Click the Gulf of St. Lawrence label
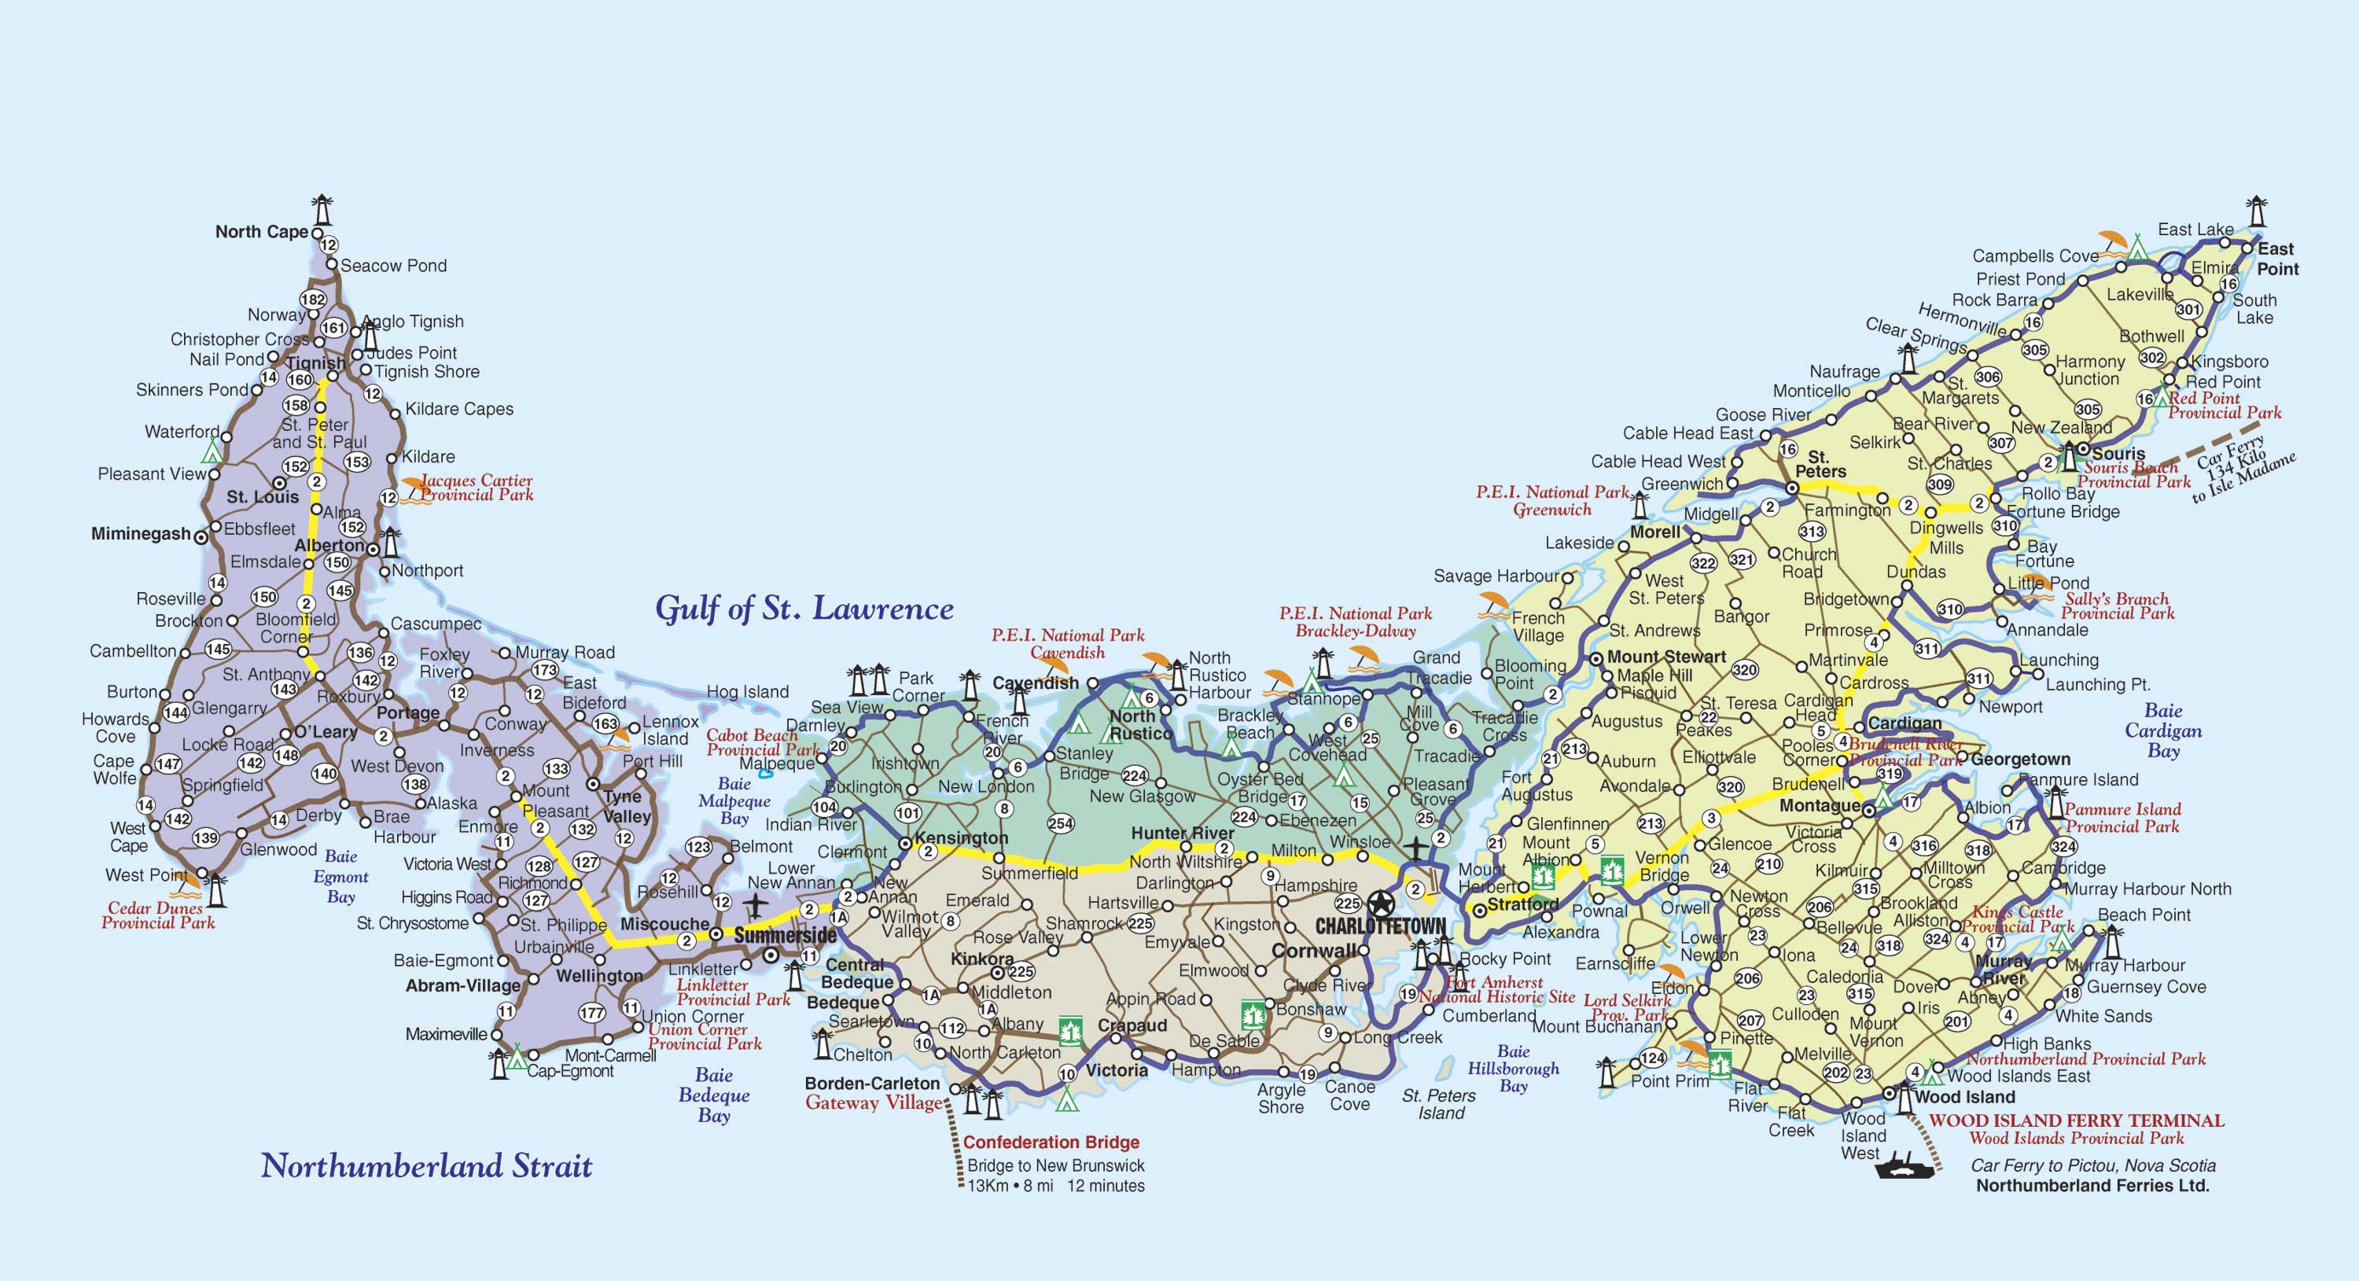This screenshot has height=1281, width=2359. tap(804, 609)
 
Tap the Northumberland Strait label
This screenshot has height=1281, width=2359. tap(427, 1165)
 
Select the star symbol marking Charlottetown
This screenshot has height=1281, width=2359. tap(1380, 904)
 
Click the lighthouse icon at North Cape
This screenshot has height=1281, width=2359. tap(322, 210)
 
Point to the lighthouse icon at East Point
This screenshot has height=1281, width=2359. tap(2258, 212)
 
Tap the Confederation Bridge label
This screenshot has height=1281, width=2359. tap(1051, 1142)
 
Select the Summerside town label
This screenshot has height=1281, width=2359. tap(785, 935)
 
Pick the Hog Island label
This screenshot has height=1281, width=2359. tap(747, 691)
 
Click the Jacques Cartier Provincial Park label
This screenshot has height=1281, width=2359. tap(477, 487)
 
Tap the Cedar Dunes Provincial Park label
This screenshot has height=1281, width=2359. tap(157, 915)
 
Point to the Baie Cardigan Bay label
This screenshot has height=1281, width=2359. tap(2163, 731)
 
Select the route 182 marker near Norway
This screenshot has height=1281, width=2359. tap(313, 300)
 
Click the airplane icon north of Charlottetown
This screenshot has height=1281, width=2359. tap(1415, 848)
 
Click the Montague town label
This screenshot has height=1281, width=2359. tap(1819, 806)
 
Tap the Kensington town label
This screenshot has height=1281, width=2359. tap(961, 837)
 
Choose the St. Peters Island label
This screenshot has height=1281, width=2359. tap(1440, 1103)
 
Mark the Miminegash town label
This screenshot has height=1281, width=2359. tap(141, 534)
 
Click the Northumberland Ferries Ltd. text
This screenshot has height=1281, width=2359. tap(2092, 1185)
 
